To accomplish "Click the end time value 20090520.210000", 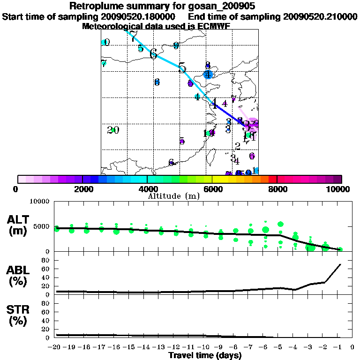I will [x=321, y=16].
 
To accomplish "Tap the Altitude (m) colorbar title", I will [x=173, y=196].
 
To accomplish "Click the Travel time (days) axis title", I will [x=205, y=355].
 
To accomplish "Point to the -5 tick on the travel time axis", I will [x=280, y=347].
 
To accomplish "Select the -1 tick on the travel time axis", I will [x=340, y=347].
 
